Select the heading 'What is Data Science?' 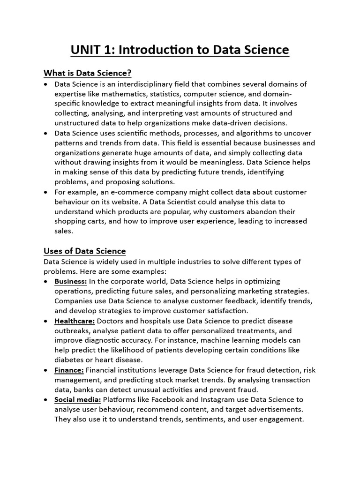[87, 73]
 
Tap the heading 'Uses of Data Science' [84, 251]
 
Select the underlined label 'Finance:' [69, 370]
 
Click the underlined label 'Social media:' [77, 399]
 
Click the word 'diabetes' [69, 360]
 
